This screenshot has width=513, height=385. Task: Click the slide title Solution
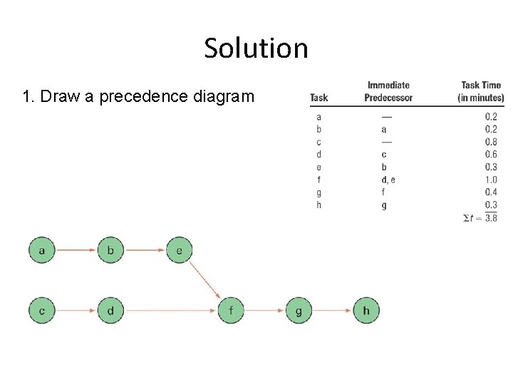pos(256,48)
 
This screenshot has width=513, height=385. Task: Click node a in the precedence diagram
pos(42,250)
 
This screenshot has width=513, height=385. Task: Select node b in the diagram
pos(110,250)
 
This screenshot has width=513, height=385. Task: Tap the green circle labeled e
pos(179,250)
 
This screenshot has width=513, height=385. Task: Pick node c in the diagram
pos(42,311)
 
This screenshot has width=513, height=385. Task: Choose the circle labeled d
pos(110,311)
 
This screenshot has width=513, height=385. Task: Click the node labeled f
pos(231,311)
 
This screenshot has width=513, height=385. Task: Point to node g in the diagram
pos(299,311)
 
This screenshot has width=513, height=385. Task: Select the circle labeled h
pos(366,311)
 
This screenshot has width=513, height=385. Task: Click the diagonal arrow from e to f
pos(205,280)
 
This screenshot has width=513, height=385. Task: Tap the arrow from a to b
pos(76,250)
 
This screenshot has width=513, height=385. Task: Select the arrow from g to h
pos(333,311)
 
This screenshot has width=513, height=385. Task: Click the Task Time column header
pos(481,91)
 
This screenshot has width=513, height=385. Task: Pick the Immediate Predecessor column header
pos(388,91)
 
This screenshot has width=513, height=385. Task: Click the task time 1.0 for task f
pos(490,180)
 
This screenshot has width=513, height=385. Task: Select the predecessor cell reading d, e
pos(388,180)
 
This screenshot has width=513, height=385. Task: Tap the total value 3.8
pos(490,218)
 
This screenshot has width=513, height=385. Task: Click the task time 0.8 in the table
pos(490,142)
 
